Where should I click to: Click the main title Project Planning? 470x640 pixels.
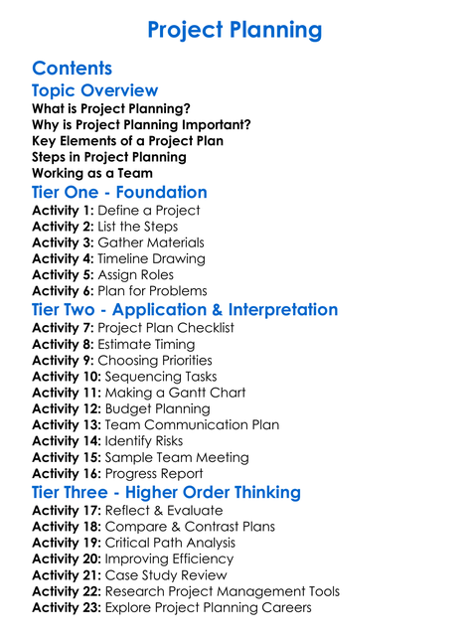click(235, 30)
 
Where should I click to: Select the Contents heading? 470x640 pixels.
click(72, 69)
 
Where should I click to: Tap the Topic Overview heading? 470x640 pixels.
click(95, 91)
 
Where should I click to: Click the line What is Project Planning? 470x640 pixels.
click(111, 108)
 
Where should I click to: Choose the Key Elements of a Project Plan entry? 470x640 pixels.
click(127, 140)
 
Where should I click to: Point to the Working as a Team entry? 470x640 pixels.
click(92, 173)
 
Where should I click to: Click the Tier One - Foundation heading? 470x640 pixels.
click(119, 192)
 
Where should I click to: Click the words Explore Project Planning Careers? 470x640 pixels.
click(208, 607)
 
